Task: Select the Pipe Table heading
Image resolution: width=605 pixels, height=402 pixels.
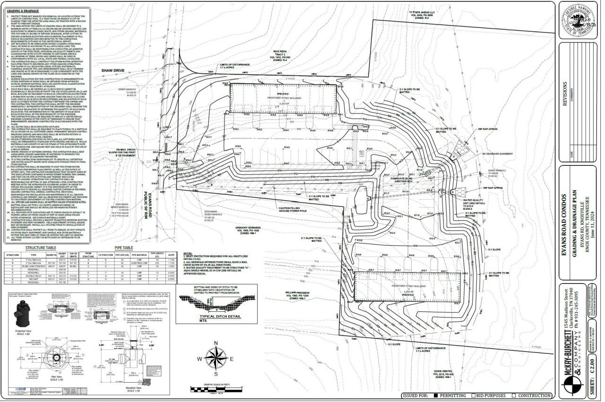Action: click(x=124, y=248)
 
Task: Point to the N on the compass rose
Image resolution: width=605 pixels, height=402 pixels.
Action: click(x=216, y=343)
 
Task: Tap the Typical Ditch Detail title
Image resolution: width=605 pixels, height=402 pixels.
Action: click(x=218, y=315)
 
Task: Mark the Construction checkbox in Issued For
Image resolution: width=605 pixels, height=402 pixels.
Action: click(x=514, y=395)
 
